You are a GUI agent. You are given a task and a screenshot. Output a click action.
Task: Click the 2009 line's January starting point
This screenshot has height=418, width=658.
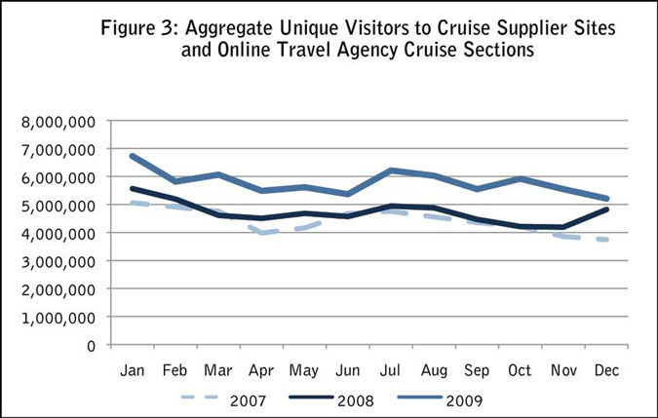[131, 156]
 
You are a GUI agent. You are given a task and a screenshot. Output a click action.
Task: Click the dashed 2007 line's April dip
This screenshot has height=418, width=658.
[261, 233]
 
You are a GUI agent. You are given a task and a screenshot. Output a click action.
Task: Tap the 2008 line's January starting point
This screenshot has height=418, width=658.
[131, 189]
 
